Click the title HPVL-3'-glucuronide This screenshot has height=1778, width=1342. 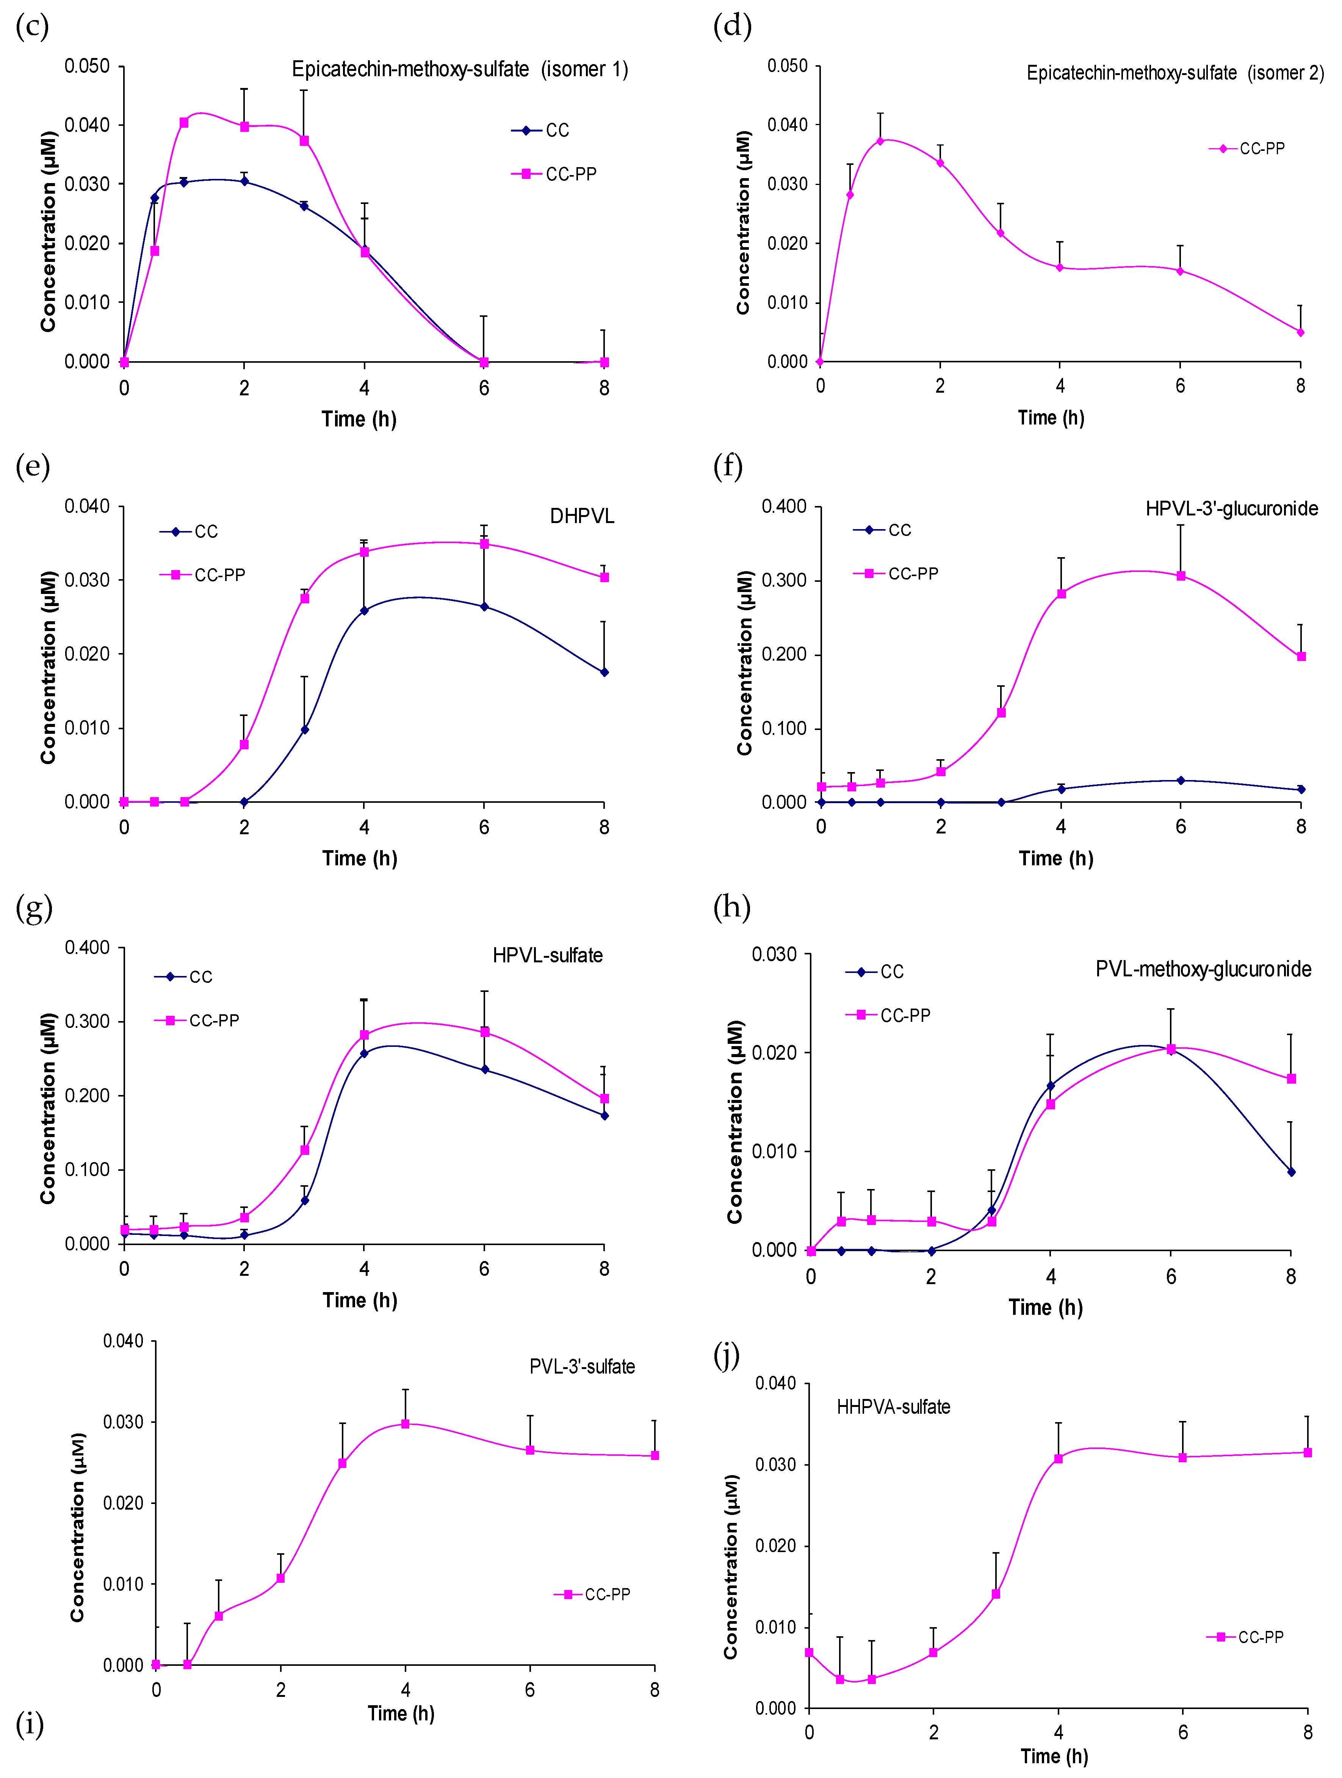coord(1231,509)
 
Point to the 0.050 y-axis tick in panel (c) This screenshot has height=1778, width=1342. coord(87,66)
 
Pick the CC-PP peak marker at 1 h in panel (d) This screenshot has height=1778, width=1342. coord(880,141)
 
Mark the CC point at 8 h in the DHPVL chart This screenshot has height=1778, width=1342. coord(604,672)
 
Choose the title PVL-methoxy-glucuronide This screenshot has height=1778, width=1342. coord(1203,970)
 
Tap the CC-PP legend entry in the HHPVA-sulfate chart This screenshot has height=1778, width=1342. coord(1246,1637)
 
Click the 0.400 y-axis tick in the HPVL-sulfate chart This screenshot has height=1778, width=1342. coord(87,948)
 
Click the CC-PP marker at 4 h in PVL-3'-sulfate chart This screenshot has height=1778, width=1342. coord(405,1424)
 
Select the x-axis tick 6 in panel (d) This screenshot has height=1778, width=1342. coord(1180,386)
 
